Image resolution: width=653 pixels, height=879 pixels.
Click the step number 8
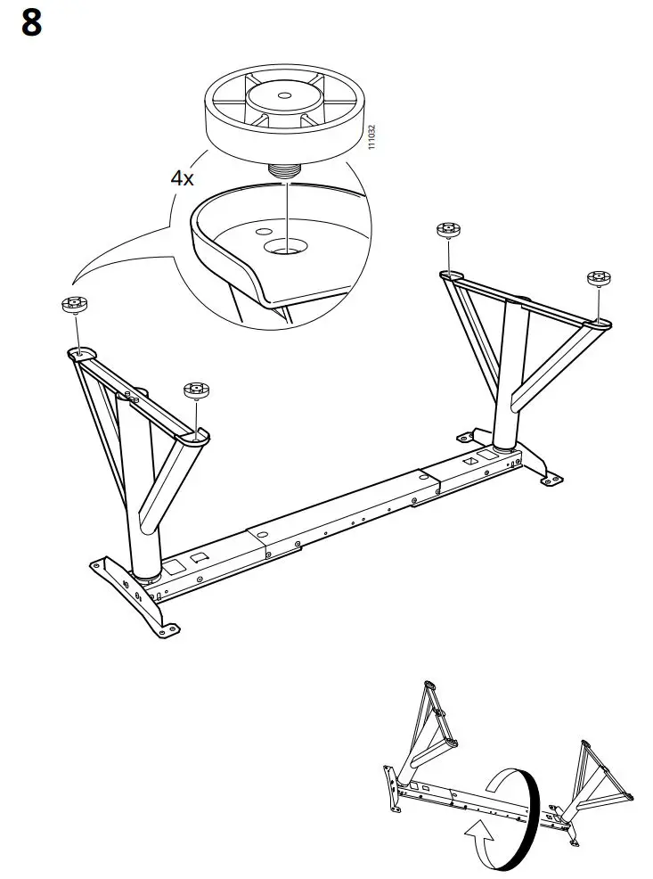click(x=31, y=24)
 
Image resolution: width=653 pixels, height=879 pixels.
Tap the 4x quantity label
click(x=183, y=177)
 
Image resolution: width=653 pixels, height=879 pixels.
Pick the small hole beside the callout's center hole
click(x=263, y=230)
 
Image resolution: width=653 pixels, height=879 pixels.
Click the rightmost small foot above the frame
click(x=598, y=278)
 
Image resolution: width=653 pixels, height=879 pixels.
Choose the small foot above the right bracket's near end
click(x=447, y=232)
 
